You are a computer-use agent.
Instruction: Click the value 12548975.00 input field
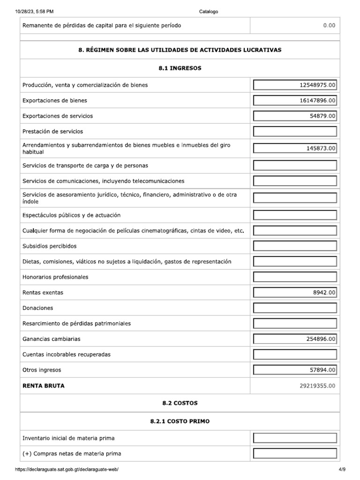click(x=295, y=85)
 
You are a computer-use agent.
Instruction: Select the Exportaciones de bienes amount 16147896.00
click(x=295, y=101)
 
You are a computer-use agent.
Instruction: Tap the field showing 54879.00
click(x=295, y=116)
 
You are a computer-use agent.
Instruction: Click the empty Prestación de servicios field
click(x=295, y=132)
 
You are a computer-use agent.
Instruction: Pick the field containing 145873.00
click(x=295, y=149)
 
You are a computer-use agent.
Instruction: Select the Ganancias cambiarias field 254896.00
click(x=295, y=339)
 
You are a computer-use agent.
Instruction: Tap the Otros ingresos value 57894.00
click(x=295, y=370)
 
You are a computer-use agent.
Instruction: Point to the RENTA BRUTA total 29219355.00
click(x=314, y=386)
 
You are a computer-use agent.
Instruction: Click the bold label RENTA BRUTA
click(x=44, y=386)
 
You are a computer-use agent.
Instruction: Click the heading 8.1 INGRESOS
click(x=180, y=68)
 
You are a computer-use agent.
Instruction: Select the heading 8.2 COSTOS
click(x=180, y=403)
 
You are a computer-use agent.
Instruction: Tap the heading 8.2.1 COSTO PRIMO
click(x=180, y=421)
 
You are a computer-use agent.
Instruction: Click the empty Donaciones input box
click(x=295, y=308)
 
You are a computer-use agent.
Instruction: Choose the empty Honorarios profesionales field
click(x=295, y=277)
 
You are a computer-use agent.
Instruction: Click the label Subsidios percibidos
click(x=49, y=246)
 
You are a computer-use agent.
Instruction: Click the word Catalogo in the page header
click(x=209, y=11)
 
